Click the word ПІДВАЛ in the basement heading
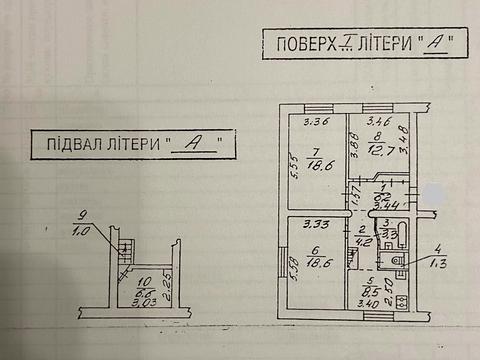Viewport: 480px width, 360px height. (x=69, y=142)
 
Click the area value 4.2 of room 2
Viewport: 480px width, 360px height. (x=364, y=240)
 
